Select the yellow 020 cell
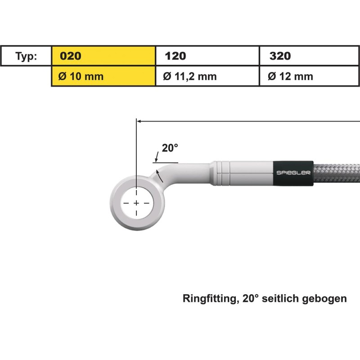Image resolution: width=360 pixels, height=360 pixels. point(103,56)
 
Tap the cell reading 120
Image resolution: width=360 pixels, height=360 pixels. point(207,56)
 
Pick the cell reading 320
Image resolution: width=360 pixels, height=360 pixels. point(310,56)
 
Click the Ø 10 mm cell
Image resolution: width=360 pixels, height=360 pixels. point(103,76)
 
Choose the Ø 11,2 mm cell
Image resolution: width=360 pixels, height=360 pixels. point(207,76)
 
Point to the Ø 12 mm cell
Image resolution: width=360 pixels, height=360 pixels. point(310,76)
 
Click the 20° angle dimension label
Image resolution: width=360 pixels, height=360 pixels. point(170,148)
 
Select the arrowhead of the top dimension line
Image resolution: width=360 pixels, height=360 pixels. point(139,121)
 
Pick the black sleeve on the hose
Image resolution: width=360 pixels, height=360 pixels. point(293,172)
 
